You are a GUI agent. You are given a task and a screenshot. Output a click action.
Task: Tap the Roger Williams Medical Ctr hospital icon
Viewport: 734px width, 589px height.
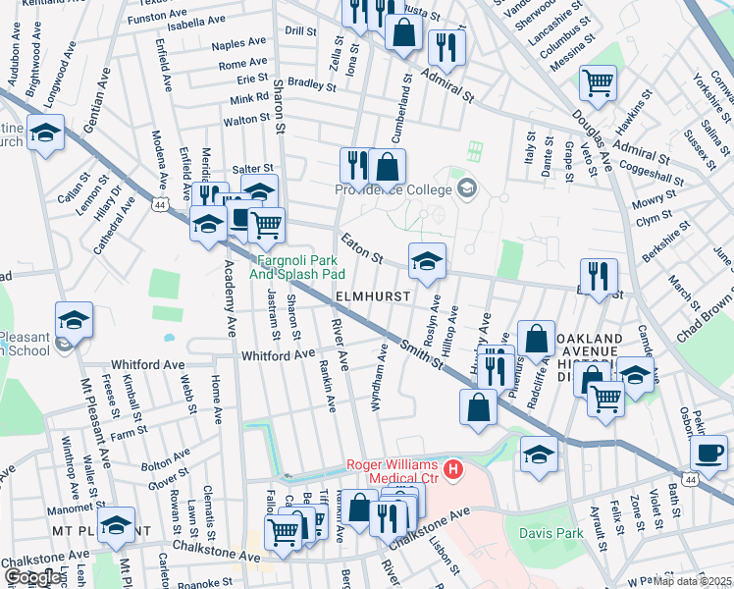click(x=452, y=471)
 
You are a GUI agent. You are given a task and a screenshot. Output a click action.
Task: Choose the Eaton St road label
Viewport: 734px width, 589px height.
click(x=361, y=245)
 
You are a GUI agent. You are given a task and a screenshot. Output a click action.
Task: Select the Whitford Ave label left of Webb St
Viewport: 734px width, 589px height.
click(x=148, y=364)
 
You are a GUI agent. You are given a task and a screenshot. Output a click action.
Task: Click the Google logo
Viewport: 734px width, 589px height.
click(x=31, y=577)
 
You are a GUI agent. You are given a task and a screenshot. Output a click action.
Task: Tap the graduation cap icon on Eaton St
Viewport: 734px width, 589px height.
click(x=427, y=261)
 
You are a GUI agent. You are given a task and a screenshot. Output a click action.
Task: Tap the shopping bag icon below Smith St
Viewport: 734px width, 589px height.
click(x=477, y=408)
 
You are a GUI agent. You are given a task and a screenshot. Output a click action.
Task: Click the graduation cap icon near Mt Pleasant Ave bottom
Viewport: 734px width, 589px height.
click(x=117, y=527)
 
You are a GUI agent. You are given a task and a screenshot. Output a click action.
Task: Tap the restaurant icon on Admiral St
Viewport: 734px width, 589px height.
click(x=446, y=47)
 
